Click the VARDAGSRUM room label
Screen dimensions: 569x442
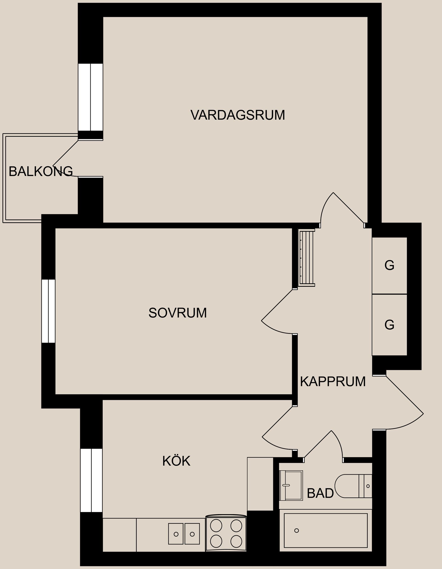point(237,115)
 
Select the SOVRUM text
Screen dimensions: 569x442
point(177,313)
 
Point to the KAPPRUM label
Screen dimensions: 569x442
point(333,382)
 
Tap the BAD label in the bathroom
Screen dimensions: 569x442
point(320,493)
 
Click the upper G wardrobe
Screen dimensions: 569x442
point(389,265)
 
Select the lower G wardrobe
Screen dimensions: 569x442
point(389,325)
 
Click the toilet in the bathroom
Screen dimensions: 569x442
point(352,486)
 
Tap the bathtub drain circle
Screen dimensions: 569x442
point(297,531)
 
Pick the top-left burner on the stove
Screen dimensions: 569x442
point(216,525)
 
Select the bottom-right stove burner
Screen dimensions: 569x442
point(236,541)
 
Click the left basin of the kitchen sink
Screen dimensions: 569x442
point(176,534)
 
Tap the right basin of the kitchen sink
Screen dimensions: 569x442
point(192,534)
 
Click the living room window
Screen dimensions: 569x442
point(90,97)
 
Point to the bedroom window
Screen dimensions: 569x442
point(48,311)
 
